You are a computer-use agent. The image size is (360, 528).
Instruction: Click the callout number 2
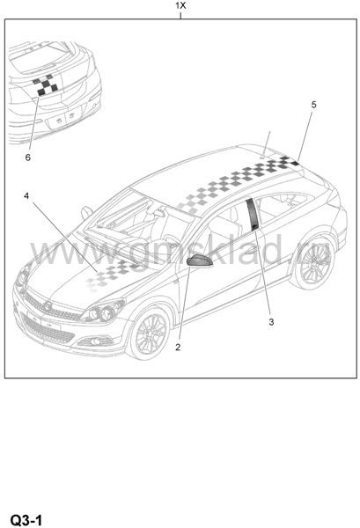click(178, 348)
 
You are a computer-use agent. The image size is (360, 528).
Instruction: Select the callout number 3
click(271, 322)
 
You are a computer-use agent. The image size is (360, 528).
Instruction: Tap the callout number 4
click(26, 195)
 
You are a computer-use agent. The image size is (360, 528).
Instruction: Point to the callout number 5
click(314, 105)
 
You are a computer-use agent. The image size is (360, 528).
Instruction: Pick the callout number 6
click(28, 158)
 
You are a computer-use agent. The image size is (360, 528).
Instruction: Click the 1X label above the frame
click(180, 6)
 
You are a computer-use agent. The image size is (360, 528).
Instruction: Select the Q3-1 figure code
click(26, 520)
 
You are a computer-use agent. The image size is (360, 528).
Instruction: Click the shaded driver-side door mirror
click(200, 261)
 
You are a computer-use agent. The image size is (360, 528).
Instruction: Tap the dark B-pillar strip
click(253, 215)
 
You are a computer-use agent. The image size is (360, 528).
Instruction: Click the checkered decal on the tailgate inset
click(45, 85)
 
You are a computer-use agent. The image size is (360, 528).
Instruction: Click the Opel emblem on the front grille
click(48, 305)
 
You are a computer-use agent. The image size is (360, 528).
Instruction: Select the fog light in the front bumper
click(95, 341)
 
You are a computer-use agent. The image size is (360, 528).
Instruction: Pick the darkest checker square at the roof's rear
click(295, 164)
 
